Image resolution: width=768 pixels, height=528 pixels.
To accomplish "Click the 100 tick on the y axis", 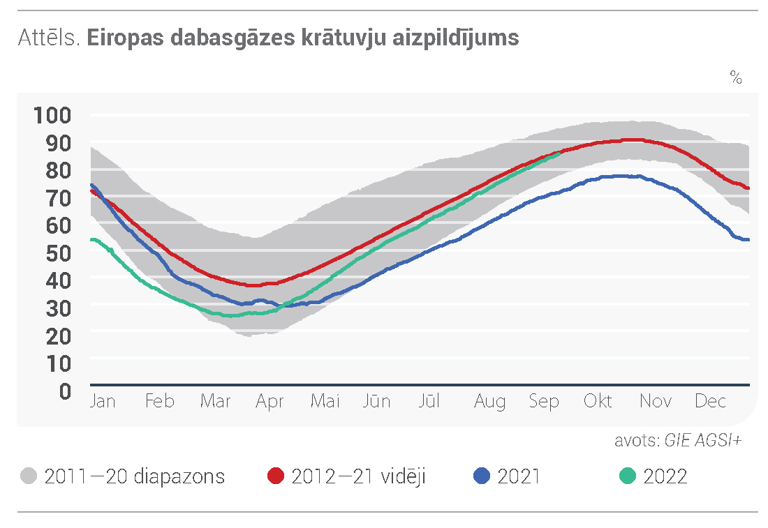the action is click(x=52, y=116).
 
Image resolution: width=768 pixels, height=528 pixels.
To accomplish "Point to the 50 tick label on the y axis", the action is click(x=59, y=253).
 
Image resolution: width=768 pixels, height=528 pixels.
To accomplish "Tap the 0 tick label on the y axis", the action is click(x=66, y=391).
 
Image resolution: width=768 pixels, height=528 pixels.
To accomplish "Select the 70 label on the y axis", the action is click(x=59, y=198).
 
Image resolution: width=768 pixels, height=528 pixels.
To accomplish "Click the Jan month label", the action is click(x=103, y=401).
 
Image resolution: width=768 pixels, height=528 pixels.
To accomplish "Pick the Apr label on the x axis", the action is click(x=269, y=402).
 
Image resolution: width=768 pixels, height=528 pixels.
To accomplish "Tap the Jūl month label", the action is click(x=429, y=401).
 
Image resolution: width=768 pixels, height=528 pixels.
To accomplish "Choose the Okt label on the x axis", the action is click(x=598, y=401).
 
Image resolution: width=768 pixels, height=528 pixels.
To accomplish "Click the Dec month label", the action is click(x=710, y=401).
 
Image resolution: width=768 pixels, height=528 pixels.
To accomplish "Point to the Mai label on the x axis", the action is click(x=325, y=401).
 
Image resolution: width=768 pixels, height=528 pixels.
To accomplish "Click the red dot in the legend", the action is click(x=276, y=476).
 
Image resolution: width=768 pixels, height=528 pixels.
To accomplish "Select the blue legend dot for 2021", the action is click(x=482, y=476).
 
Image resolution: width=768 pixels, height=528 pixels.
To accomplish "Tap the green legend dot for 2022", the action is click(x=628, y=476).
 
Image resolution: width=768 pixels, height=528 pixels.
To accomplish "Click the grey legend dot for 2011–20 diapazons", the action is click(x=29, y=476).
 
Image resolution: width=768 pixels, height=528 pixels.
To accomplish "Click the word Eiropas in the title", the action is click(x=125, y=38).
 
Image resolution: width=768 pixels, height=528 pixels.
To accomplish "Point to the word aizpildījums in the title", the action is click(x=456, y=38).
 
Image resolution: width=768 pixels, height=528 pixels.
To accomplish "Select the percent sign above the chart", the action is click(x=736, y=77).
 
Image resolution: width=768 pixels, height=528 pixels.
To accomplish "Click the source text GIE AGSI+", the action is click(x=703, y=440).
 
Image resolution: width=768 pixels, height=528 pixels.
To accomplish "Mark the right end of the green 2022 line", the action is click(x=559, y=153).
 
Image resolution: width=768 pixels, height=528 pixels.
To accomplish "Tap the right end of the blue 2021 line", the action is click(x=748, y=239).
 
